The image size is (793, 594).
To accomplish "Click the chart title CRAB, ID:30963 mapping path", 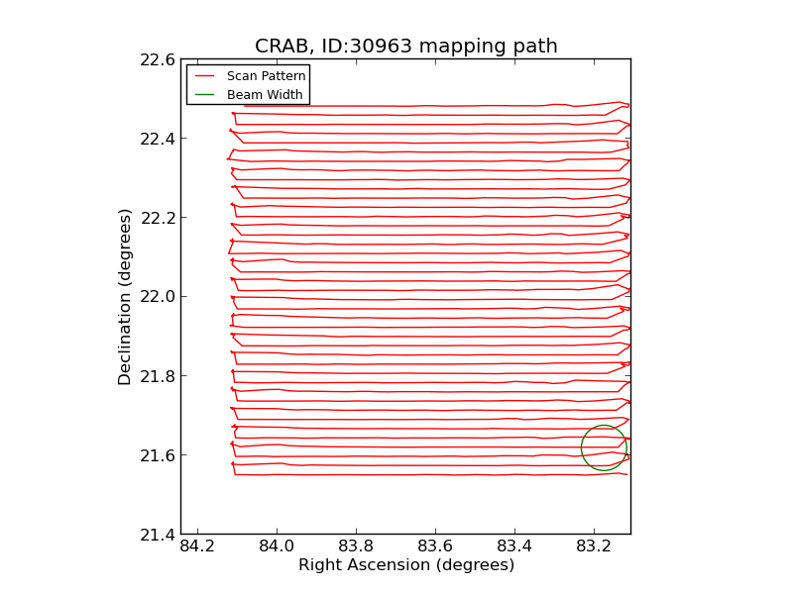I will point(405,47).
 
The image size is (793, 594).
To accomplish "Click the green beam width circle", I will point(604,427).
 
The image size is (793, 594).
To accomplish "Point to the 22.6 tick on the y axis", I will point(158,59).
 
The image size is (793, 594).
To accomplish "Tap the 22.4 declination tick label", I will point(158,139).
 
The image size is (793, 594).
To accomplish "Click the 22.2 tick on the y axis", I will point(158,218).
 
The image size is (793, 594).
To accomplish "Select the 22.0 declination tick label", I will point(158,297).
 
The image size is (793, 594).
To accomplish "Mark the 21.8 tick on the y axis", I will point(158,376).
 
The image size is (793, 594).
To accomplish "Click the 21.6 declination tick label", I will point(158,455).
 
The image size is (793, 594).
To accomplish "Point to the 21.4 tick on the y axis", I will point(158,535).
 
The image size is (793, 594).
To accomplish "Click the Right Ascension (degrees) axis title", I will point(405,565).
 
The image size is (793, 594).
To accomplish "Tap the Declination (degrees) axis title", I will point(126,297).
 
